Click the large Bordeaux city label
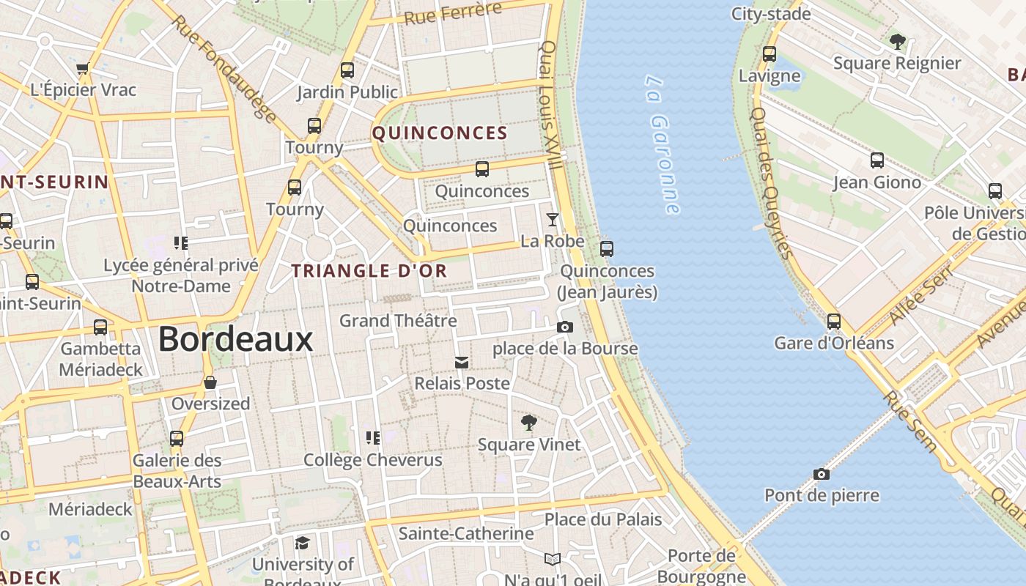[x=235, y=339]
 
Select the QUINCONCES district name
[x=440, y=133]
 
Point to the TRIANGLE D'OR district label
[x=369, y=271]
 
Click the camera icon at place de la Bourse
[x=564, y=327]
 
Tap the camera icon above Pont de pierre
[x=822, y=474]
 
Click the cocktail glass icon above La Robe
[x=553, y=220]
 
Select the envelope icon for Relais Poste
[x=462, y=363]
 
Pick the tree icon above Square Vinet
[x=528, y=423]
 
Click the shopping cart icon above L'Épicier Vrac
[x=83, y=69]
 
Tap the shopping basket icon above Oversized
[x=210, y=382]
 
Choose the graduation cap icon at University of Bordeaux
[x=302, y=543]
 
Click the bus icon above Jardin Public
[x=347, y=71]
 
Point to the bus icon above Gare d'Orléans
[x=833, y=322]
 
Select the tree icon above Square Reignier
[x=897, y=42]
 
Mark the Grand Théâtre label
[x=398, y=321]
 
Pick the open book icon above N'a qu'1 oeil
[x=553, y=560]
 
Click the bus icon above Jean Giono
[x=877, y=160]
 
